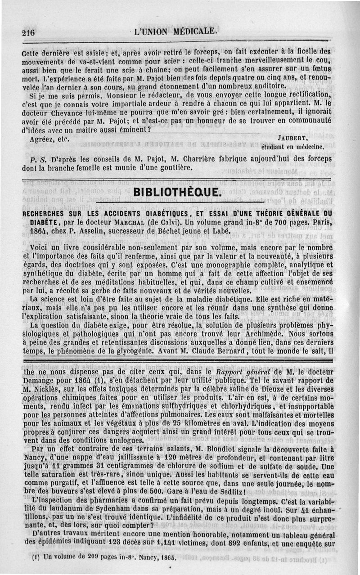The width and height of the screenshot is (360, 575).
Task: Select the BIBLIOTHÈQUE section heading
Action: point(178,193)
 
